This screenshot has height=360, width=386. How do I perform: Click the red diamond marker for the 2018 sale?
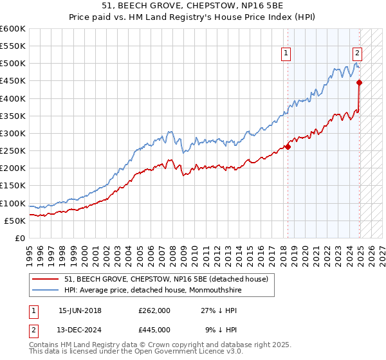coord(288,147)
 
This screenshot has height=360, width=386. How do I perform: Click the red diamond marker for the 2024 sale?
coord(359,82)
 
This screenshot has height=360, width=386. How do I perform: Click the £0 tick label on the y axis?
coord(19,238)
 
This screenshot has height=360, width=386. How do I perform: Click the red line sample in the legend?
coord(45,278)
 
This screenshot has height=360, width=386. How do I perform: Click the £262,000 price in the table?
coord(154,310)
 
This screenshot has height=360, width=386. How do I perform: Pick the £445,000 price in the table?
coord(154,329)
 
